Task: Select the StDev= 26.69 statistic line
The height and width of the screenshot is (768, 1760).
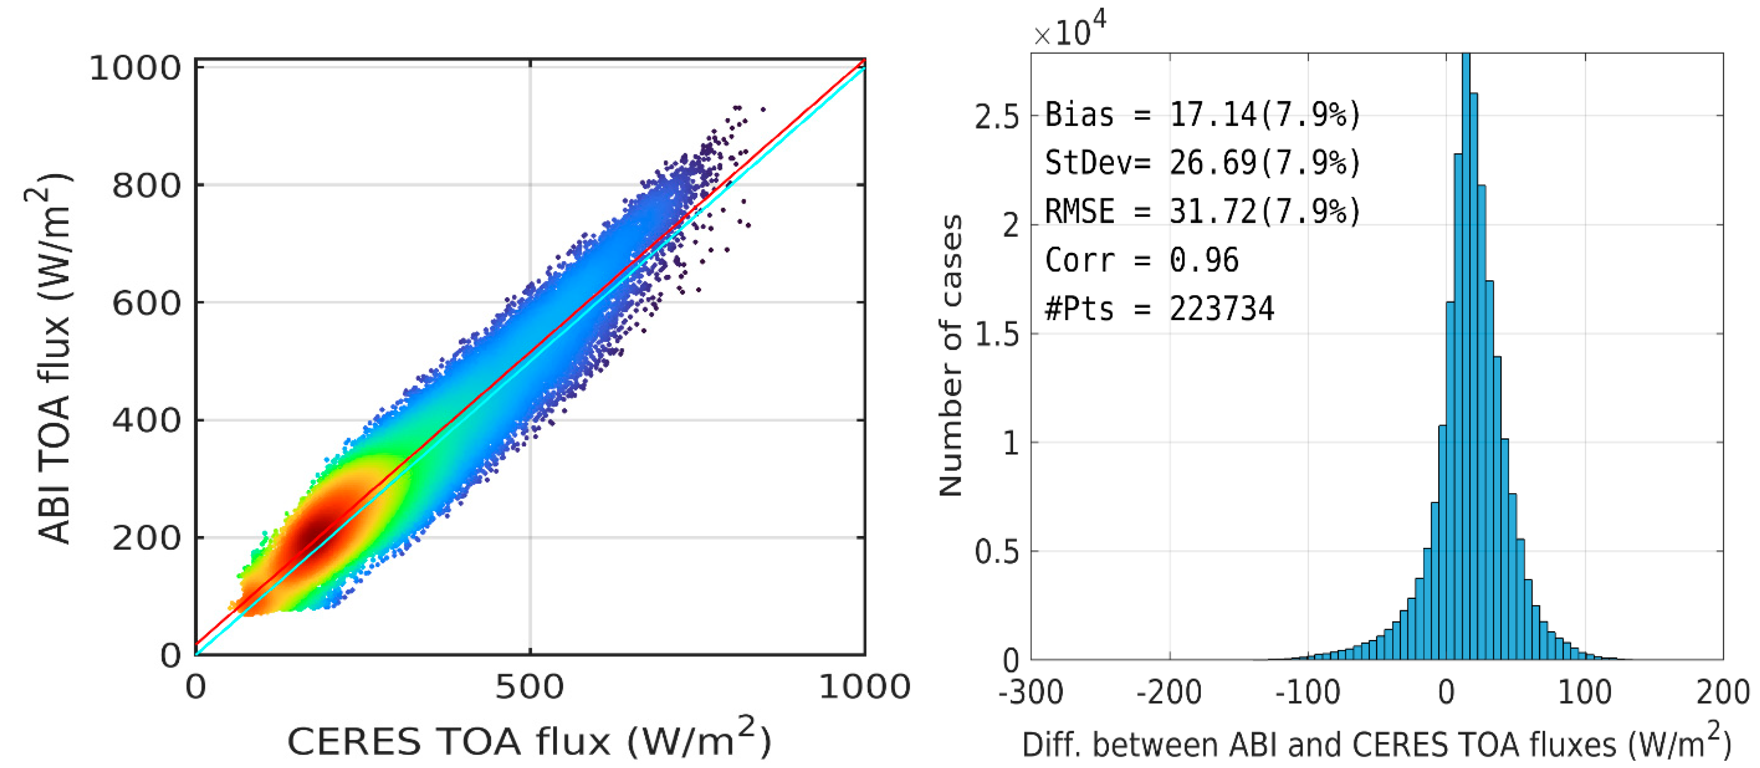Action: [x=1203, y=163]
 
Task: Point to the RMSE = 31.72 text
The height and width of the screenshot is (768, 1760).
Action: [x=1203, y=211]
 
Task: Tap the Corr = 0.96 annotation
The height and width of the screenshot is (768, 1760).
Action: [x=1141, y=260]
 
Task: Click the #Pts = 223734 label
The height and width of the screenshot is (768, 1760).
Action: [x=1159, y=309]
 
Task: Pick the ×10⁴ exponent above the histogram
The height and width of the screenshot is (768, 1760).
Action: [x=1069, y=31]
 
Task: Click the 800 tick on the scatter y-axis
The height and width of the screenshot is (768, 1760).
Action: [x=146, y=185]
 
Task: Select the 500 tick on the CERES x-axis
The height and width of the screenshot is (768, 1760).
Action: [x=530, y=687]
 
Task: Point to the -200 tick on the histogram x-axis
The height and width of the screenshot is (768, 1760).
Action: [x=1168, y=693]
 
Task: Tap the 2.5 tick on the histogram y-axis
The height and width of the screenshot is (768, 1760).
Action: [x=996, y=118]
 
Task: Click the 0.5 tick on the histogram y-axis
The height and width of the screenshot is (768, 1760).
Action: [x=996, y=552]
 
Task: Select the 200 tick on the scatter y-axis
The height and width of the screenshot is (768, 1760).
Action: [x=146, y=538]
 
